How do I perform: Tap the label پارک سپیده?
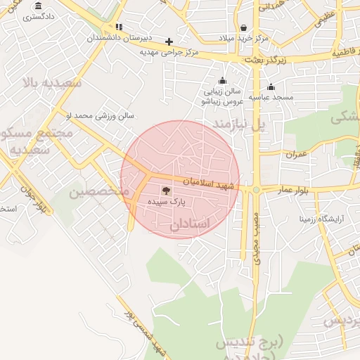tap(167, 201)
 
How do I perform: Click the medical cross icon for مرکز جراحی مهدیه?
tap(169, 41)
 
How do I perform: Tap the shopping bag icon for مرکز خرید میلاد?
tap(243, 27)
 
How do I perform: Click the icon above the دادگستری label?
tap(37, 6)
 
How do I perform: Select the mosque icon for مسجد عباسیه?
tap(271, 86)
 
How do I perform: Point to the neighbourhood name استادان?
tap(190, 225)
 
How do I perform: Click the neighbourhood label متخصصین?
tap(99, 192)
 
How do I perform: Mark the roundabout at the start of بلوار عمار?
tap(256, 189)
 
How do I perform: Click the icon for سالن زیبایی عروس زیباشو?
tap(222, 80)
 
